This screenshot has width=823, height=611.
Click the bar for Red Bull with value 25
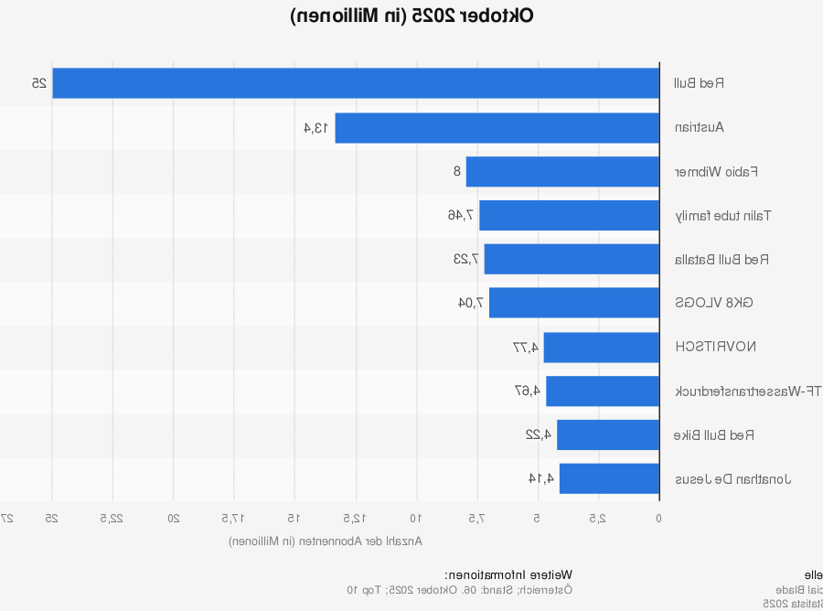point(356,83)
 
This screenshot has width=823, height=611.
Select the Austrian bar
point(497,128)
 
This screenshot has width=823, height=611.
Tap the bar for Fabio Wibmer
point(562,172)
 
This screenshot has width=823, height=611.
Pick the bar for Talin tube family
point(569,216)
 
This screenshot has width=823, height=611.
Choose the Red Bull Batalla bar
point(572,259)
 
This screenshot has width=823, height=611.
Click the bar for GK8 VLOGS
point(574,303)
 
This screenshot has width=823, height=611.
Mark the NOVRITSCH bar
point(601,347)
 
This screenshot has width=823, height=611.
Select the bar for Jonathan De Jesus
point(609,478)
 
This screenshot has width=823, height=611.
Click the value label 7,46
point(461,216)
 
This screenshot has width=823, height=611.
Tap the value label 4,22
point(539,434)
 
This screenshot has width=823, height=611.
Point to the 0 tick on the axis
point(659,518)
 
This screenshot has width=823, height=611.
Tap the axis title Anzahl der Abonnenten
point(326,541)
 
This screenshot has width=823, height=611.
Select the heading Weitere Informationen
point(508,574)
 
